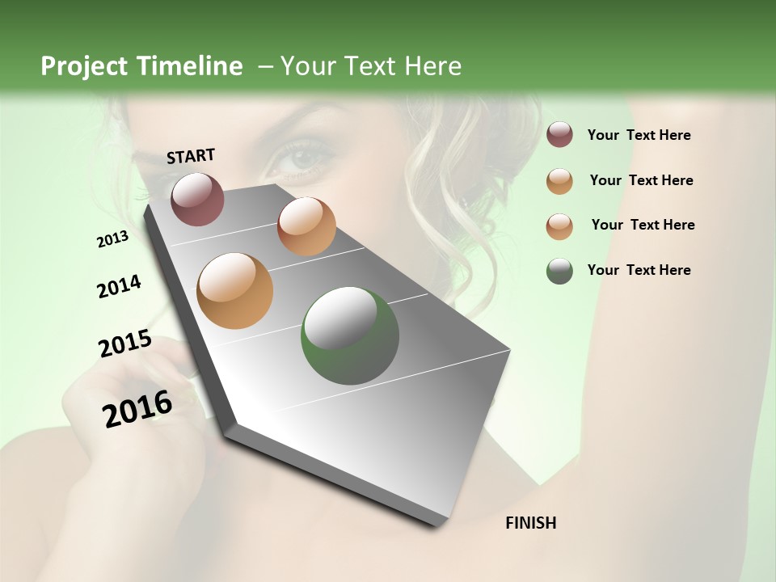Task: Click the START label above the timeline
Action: pos(191,156)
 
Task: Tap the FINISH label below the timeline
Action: pos(530,523)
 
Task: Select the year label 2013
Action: pos(112,239)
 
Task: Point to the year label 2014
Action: pos(119,287)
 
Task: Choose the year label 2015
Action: pos(124,344)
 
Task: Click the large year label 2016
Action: pos(137,409)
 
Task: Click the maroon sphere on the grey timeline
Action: pos(197,199)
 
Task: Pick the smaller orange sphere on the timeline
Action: pos(306,226)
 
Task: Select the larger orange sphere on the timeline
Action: pos(234,291)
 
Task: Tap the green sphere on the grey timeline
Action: pos(349,335)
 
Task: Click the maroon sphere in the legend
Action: pos(559,135)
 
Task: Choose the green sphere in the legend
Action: pos(559,271)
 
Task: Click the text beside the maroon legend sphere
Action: pos(639,136)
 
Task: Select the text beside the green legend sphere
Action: pos(639,270)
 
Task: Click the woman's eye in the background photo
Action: pos(300,158)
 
